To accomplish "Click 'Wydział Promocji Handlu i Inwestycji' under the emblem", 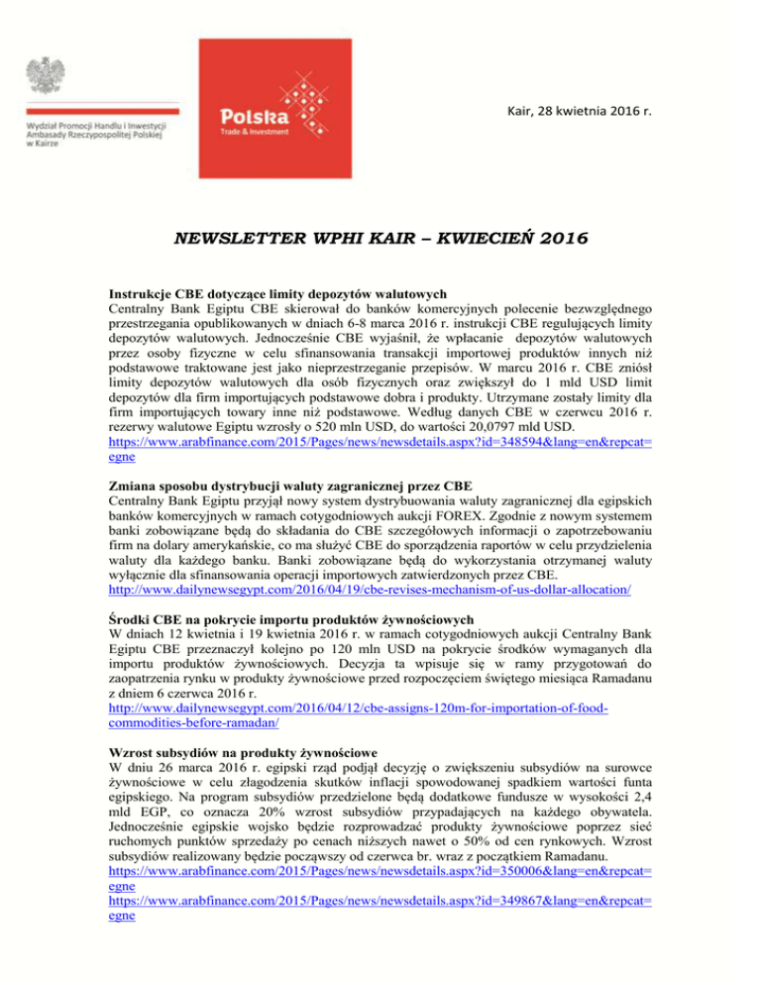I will click(x=95, y=128).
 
